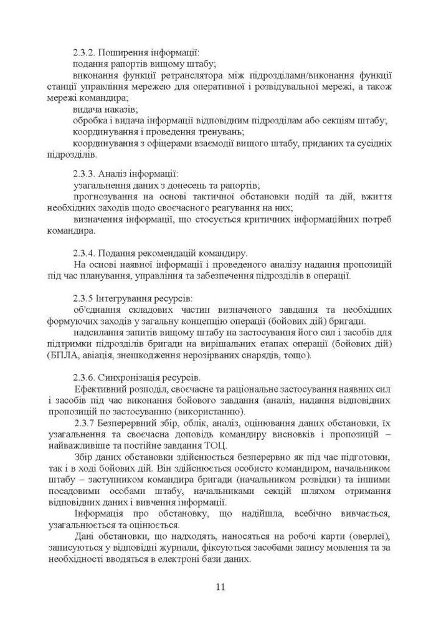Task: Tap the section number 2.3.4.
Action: [x=84, y=253]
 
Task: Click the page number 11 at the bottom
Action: [x=220, y=587]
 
